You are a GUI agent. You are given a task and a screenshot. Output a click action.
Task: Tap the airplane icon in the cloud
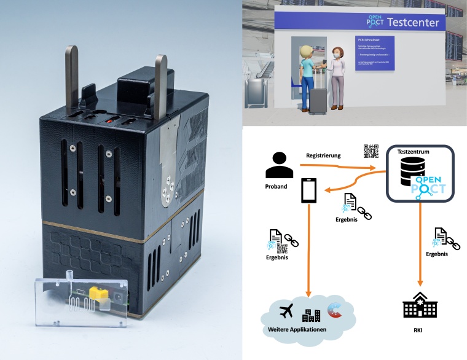click(286, 311)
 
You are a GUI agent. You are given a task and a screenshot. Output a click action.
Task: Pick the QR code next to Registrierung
click(371, 151)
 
